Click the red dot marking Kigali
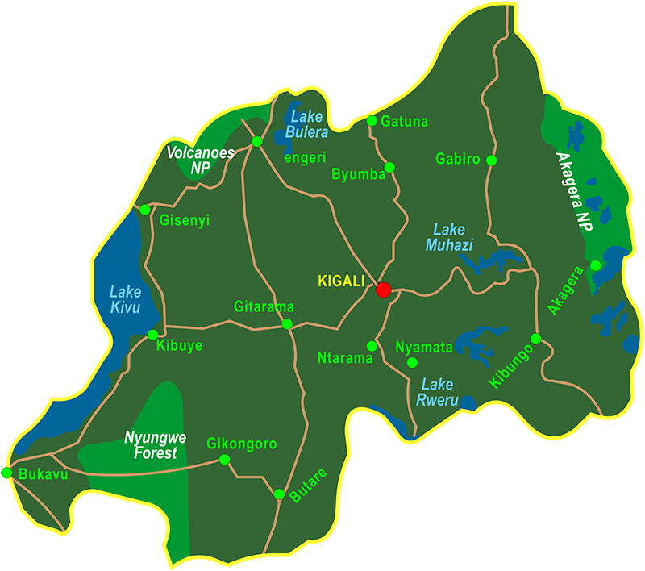coord(383,289)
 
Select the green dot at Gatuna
coord(372,121)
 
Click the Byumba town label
coord(358,174)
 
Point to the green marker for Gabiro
coord(492,160)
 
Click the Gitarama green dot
coord(287,324)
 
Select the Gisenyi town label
coord(185,219)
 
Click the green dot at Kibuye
coord(152,335)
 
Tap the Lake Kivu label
coord(125,300)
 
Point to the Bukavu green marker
coord(6,473)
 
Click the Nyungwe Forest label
coord(151,446)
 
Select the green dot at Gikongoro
coord(224,460)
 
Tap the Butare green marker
coord(279,494)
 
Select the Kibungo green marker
coord(535,338)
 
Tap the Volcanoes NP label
coord(200,159)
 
